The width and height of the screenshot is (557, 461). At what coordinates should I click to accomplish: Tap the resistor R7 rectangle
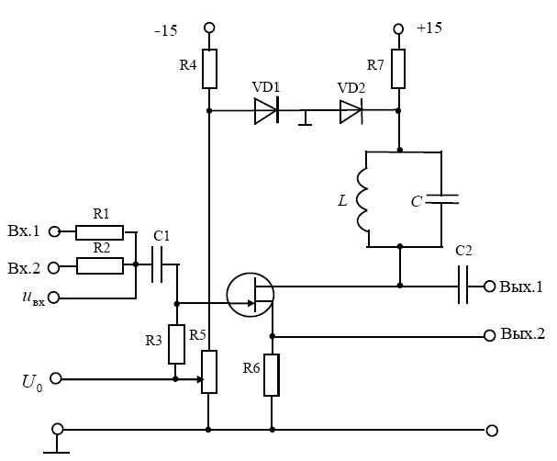tap(399, 67)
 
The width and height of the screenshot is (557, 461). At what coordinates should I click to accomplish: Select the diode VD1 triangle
tap(266, 111)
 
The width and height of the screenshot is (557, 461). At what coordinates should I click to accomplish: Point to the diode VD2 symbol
tap(351, 111)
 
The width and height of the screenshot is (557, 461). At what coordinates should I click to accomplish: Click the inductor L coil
tap(362, 199)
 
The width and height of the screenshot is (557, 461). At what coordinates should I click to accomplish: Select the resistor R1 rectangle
tap(101, 230)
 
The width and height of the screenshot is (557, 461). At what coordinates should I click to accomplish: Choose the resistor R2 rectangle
tap(101, 266)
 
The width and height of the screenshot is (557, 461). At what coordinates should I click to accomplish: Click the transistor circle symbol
tap(250, 295)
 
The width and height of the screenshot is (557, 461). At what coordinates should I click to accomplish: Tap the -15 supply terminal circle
tap(210, 29)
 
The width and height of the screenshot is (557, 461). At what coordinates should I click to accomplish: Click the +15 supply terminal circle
tap(399, 28)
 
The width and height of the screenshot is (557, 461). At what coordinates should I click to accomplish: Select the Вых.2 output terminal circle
tap(488, 335)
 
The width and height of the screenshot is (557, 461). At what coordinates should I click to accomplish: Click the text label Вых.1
tap(522, 287)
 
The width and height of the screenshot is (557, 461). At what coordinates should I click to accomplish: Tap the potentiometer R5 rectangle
tap(210, 372)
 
